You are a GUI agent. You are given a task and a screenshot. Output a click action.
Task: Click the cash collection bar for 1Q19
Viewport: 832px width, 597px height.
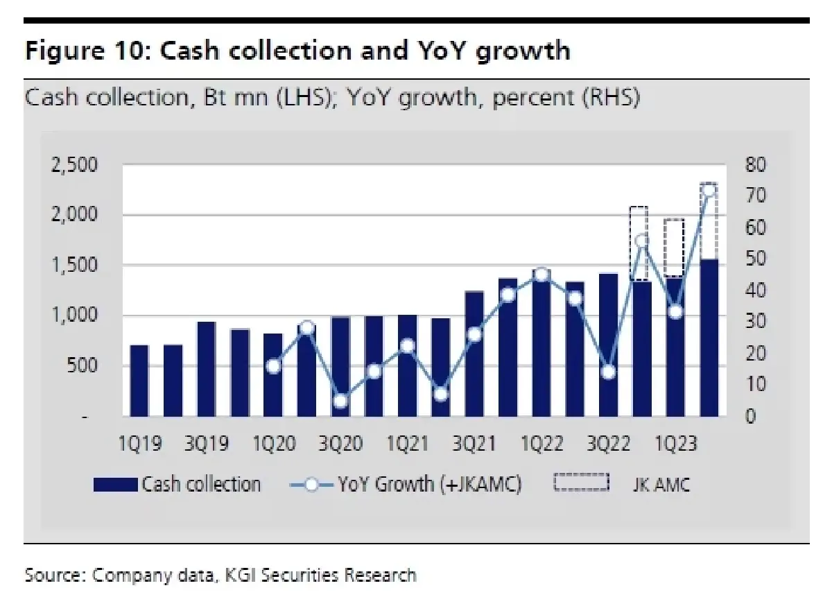pyautogui.click(x=139, y=381)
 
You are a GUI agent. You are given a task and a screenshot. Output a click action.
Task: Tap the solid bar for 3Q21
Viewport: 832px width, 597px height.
pyautogui.click(x=474, y=354)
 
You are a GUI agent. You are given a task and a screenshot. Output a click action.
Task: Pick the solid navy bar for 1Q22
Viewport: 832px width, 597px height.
pyautogui.click(x=541, y=343)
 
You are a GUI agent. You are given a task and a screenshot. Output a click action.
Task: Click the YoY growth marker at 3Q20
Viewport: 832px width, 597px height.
pyautogui.click(x=340, y=401)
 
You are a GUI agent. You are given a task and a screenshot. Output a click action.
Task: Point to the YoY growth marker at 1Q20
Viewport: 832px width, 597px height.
pyautogui.click(x=273, y=367)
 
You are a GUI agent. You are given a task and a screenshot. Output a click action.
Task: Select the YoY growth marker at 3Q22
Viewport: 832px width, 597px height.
pyautogui.click(x=608, y=372)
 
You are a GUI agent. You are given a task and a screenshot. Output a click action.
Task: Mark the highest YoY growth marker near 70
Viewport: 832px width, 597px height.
pyautogui.click(x=709, y=191)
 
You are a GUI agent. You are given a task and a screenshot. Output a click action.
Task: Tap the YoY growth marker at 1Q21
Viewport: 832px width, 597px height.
pyautogui.click(x=407, y=346)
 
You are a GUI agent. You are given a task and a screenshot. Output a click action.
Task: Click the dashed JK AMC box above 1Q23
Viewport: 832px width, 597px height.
pyautogui.click(x=675, y=248)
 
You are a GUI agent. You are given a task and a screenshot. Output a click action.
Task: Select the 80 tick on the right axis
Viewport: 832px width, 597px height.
pyautogui.click(x=754, y=165)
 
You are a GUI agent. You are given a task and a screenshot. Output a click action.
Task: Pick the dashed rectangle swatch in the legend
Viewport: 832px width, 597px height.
pyautogui.click(x=580, y=483)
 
